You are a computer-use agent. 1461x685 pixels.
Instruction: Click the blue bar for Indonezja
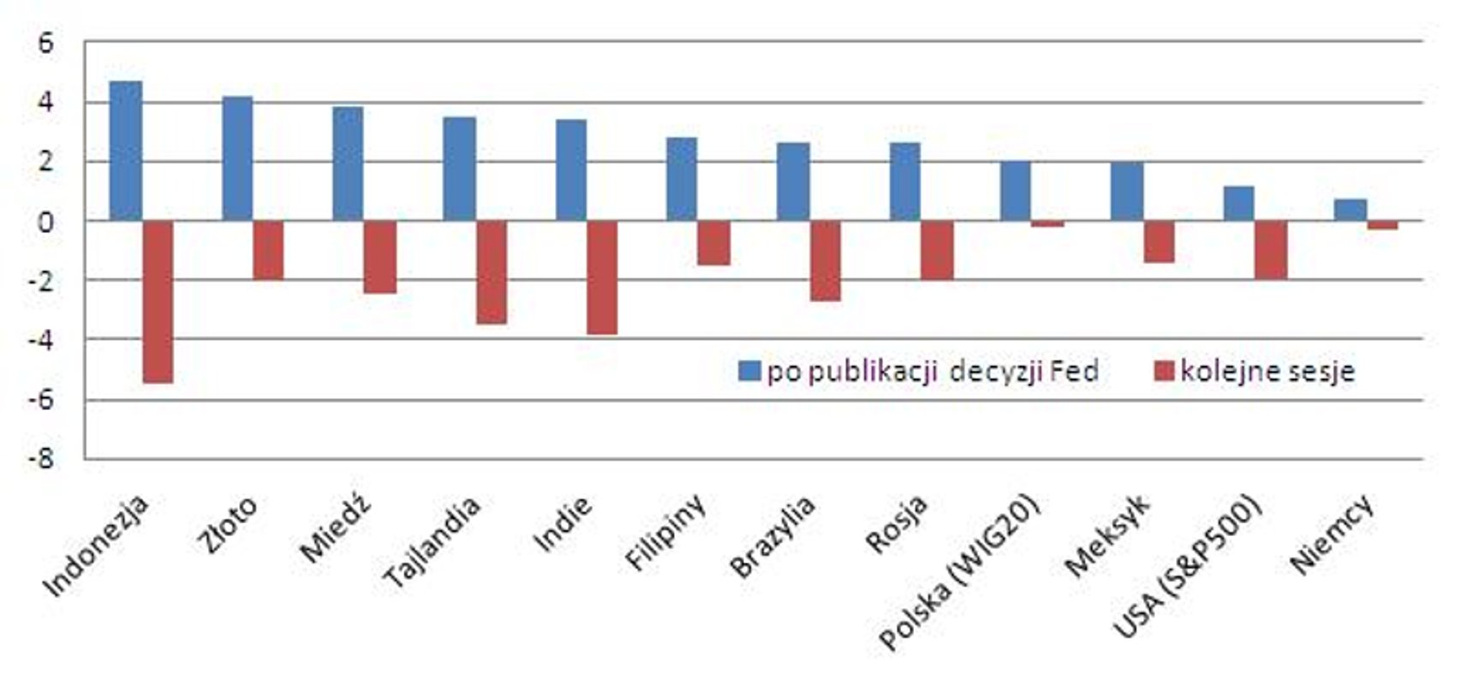(126, 151)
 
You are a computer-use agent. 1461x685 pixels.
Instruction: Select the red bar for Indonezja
(158, 301)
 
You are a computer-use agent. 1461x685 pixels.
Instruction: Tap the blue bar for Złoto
(237, 158)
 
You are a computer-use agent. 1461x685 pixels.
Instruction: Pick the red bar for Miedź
(380, 257)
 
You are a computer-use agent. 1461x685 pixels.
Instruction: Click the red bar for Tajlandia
(492, 272)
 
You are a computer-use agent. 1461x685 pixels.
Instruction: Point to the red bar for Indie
(602, 277)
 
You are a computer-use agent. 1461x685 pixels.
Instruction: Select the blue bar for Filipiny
(682, 179)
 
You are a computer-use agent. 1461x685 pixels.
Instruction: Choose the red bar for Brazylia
(826, 261)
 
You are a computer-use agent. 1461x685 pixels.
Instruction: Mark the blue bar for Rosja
(904, 182)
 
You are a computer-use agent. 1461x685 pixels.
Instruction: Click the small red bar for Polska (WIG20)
(1047, 224)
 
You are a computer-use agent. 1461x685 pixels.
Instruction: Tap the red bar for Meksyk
(1159, 241)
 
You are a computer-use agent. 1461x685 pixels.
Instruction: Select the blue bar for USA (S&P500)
(1238, 204)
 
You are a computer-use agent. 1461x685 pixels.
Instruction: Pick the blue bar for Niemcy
(1350, 210)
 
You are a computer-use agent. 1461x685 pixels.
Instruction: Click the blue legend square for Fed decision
(749, 372)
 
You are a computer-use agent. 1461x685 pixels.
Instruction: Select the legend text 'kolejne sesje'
(1267, 372)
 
